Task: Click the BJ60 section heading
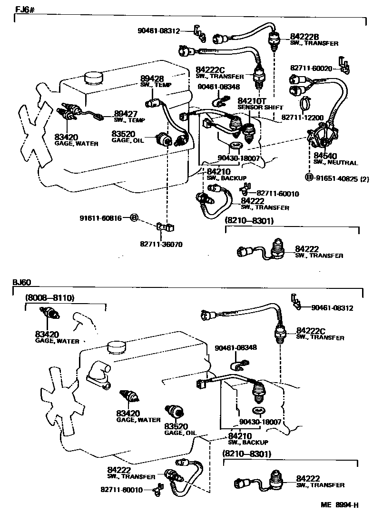click(22, 282)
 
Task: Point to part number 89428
click(151, 79)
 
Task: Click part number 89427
click(125, 114)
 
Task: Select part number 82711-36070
click(161, 244)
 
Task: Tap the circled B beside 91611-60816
click(134, 217)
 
